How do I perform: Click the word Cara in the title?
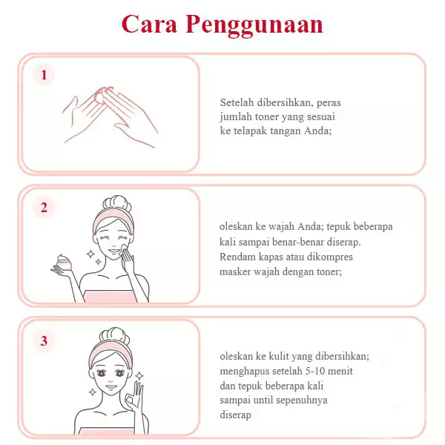(x=148, y=24)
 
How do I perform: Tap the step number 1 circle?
(x=44, y=75)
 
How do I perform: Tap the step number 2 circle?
(x=44, y=208)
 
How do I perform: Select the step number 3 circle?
(x=44, y=340)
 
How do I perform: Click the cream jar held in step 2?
(x=65, y=263)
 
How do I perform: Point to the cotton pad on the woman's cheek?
(x=122, y=251)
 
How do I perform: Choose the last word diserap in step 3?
(x=236, y=415)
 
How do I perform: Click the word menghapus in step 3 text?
(x=245, y=372)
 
